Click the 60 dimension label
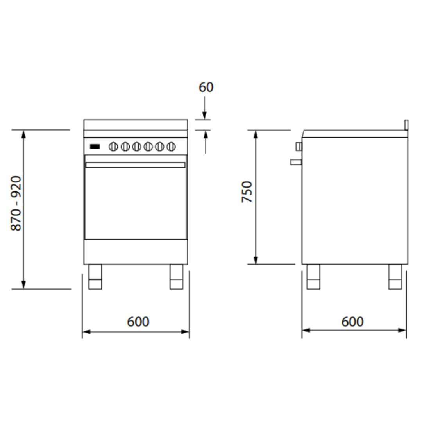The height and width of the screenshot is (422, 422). click(x=206, y=87)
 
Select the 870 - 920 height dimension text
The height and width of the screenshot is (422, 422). click(x=16, y=204)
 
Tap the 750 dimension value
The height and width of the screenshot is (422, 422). click(x=247, y=191)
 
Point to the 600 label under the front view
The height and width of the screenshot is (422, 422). click(x=138, y=322)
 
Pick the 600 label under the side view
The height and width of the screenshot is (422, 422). click(x=352, y=322)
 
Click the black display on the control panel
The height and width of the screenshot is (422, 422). click(x=95, y=147)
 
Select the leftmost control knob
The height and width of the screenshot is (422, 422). click(x=113, y=147)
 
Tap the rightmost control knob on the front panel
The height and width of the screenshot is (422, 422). click(x=171, y=147)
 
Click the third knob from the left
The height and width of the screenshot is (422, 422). click(x=137, y=147)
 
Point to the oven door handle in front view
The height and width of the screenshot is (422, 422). click(x=135, y=165)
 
